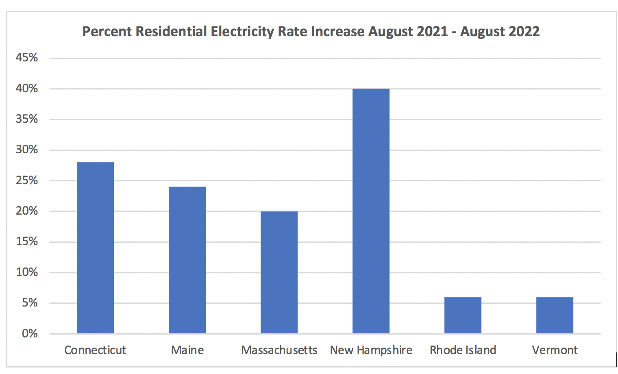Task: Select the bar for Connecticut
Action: point(95,248)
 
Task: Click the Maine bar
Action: point(187,260)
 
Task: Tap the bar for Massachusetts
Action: point(279,272)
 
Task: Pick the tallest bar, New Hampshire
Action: point(371,211)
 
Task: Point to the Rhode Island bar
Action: point(463,315)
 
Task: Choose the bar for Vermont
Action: point(555,315)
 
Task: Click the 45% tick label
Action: point(27,58)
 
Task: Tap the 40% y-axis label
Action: point(27,88)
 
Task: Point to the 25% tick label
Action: point(27,180)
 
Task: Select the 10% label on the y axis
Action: point(27,272)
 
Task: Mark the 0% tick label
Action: point(29,334)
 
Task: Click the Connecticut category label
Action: point(95,350)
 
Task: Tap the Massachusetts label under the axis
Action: point(279,350)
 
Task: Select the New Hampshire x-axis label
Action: point(371,350)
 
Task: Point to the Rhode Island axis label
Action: point(463,350)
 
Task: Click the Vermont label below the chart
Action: point(555,350)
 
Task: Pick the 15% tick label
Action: point(27,241)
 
